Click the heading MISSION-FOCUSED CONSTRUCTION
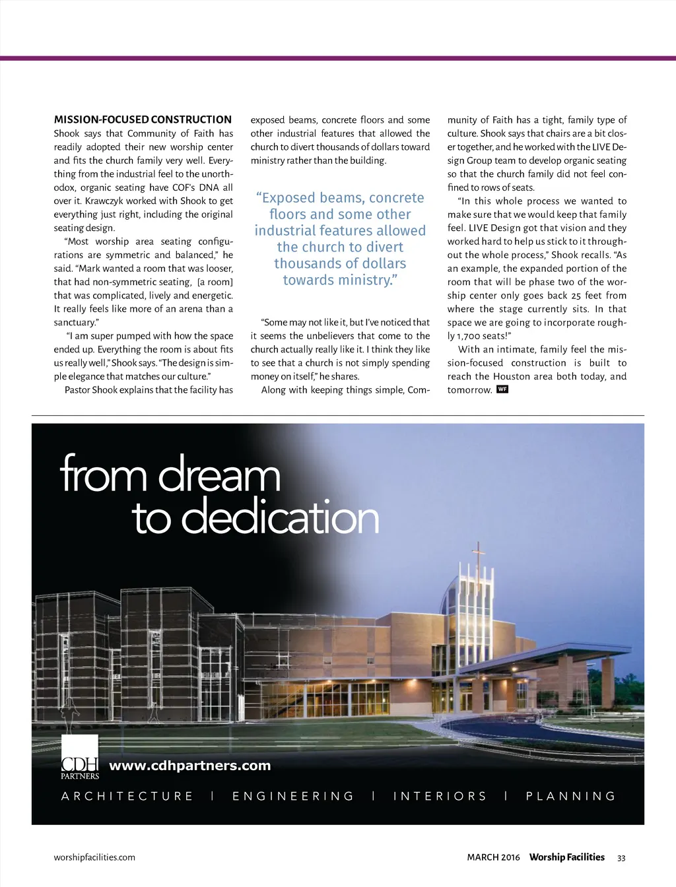pos(143,120)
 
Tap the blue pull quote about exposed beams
pos(340,238)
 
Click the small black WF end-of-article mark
pos(502,389)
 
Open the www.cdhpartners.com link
pos(190,766)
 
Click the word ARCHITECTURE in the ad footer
pos(127,796)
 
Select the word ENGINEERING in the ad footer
pos(294,796)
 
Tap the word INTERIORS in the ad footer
pos(440,796)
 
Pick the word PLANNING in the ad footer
pos(571,796)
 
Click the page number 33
pos(621,858)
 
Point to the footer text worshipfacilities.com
pos(94,857)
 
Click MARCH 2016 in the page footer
pos(493,857)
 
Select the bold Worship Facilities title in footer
pos(567,857)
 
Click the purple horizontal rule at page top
pos(338,58)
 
